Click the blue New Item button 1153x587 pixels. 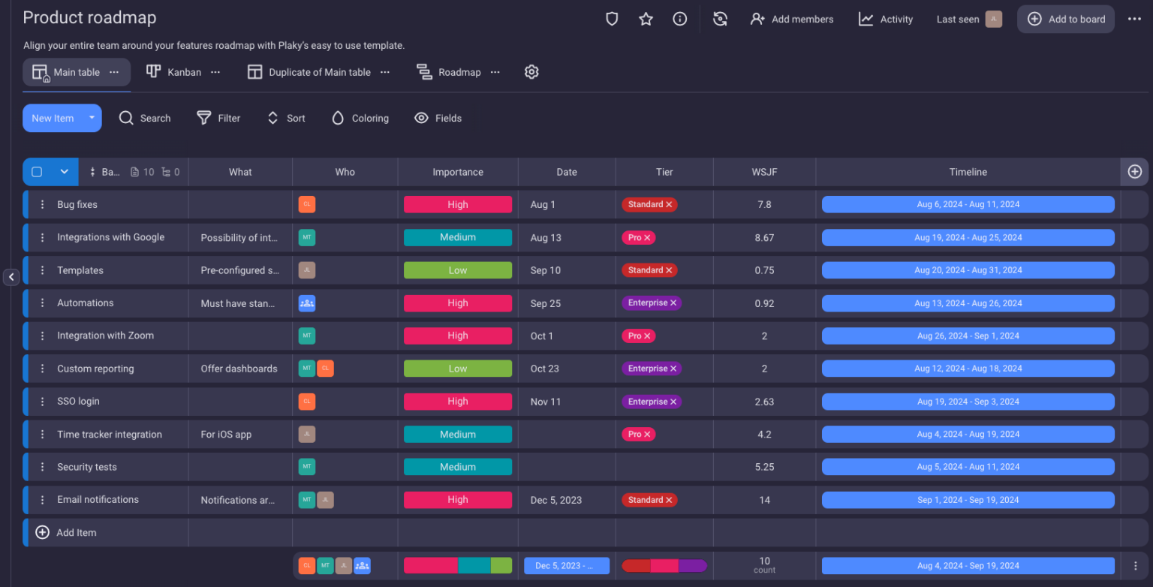click(x=53, y=118)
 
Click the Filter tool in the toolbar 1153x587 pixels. click(x=218, y=118)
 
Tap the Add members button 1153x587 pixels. click(x=792, y=20)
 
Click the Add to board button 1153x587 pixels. click(x=1066, y=20)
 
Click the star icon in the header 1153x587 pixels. click(x=646, y=20)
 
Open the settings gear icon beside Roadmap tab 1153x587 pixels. click(x=531, y=72)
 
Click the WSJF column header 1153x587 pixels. click(x=764, y=172)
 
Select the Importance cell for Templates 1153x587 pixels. click(x=458, y=270)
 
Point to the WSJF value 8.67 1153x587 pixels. click(x=764, y=237)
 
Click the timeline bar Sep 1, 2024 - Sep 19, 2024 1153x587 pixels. click(x=968, y=500)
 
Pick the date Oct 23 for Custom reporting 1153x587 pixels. click(x=545, y=369)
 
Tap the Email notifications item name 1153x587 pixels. click(x=98, y=500)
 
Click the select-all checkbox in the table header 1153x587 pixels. click(x=37, y=172)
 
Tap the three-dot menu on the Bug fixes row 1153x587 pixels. click(x=43, y=205)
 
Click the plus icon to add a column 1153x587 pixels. click(x=1134, y=172)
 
